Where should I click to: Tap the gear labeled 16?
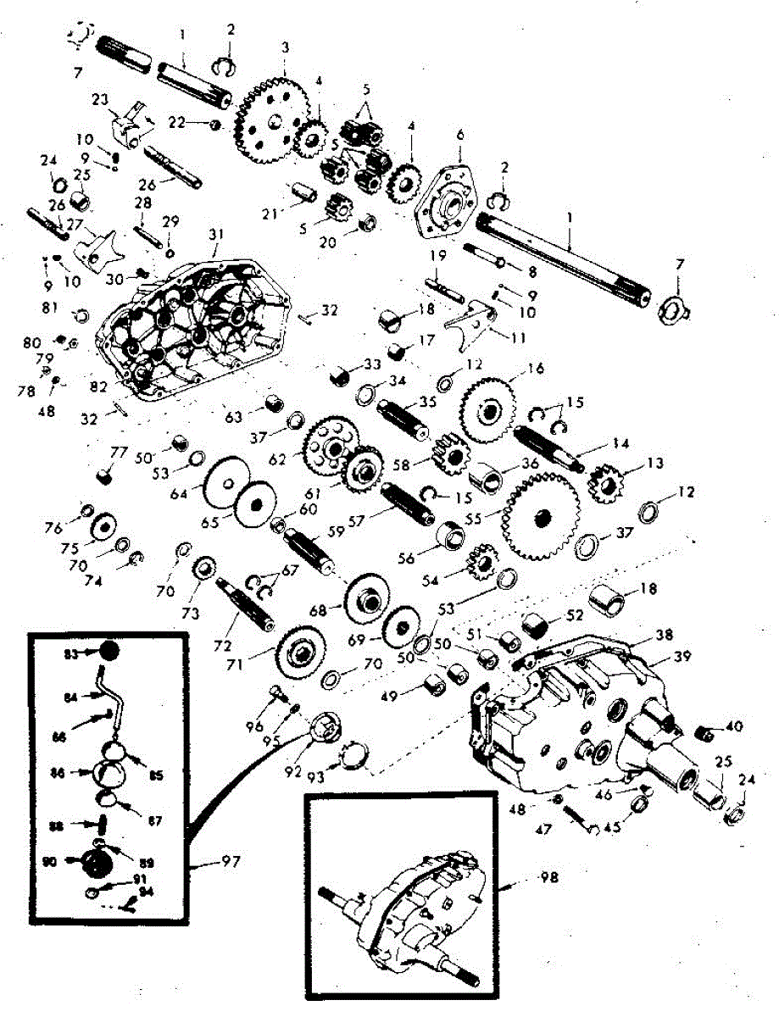492,408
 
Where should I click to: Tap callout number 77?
120,450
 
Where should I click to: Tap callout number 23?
102,99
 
